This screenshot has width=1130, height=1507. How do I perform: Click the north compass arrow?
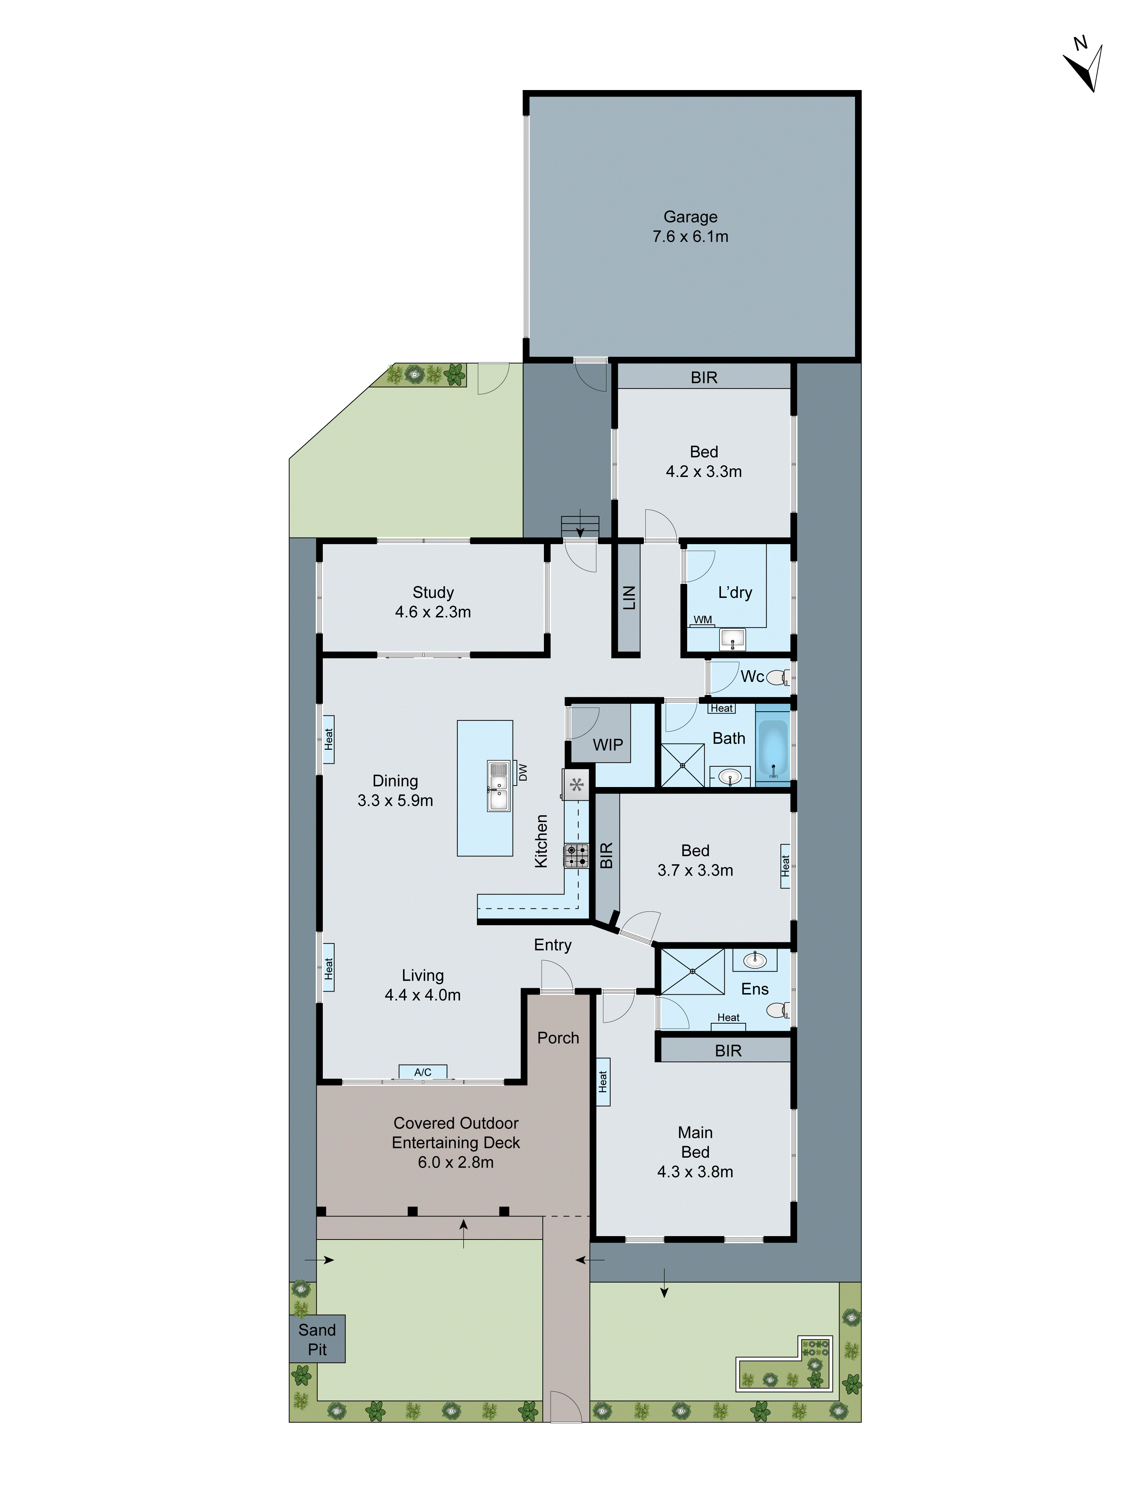pos(1086,68)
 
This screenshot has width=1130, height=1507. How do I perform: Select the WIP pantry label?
pos(608,744)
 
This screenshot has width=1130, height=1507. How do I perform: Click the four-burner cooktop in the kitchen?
pos(576,856)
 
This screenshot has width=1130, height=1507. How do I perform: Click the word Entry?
pos(553,945)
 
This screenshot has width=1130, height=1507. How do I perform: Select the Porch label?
pos(558,1038)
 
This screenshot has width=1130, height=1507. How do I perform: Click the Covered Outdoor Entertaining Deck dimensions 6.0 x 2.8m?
pos(456,1162)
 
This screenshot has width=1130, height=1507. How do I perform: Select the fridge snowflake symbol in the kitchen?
pos(576,785)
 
